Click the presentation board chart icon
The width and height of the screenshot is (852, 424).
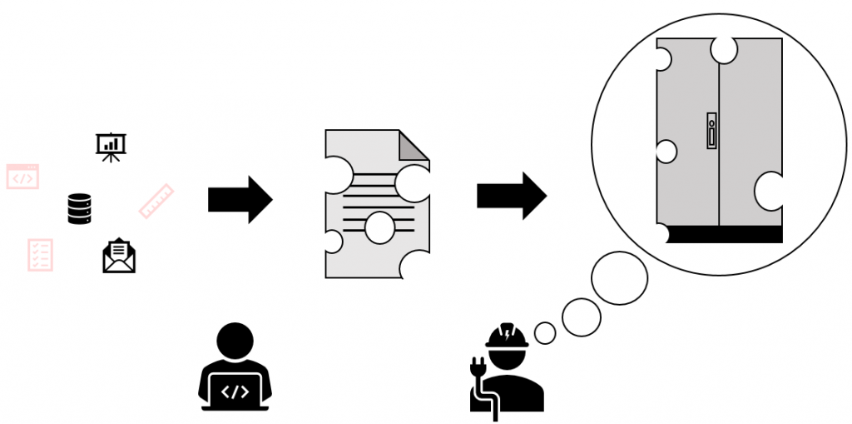click(x=111, y=147)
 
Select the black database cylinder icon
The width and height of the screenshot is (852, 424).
click(x=79, y=208)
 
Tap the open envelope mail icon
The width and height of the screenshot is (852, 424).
click(x=119, y=257)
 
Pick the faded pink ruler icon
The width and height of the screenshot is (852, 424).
click(x=156, y=201)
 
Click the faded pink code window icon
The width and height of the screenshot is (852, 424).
click(x=22, y=177)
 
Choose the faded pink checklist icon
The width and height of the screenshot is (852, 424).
click(x=40, y=255)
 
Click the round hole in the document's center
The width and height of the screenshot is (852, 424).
click(x=379, y=227)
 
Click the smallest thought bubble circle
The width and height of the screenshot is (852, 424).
click(x=544, y=333)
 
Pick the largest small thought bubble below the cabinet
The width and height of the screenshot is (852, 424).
click(x=619, y=277)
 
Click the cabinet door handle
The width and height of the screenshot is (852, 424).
click(x=711, y=131)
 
